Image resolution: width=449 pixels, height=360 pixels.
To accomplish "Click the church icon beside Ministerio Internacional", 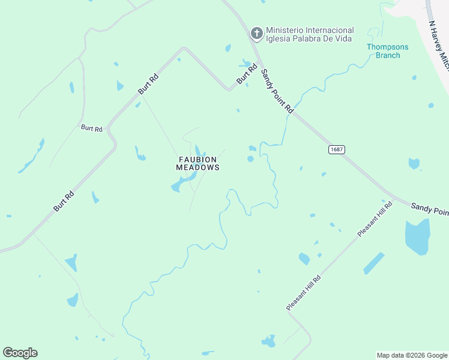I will [x=256, y=33].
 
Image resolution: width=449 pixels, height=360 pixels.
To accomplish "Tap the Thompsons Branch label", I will [x=387, y=51].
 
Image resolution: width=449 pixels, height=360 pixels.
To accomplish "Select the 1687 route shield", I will [x=337, y=149].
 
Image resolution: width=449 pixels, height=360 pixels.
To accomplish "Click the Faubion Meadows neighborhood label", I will [x=197, y=163].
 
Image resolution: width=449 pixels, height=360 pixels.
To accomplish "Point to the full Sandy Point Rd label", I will [x=277, y=91].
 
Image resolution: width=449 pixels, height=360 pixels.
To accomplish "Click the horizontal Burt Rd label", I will [x=92, y=128].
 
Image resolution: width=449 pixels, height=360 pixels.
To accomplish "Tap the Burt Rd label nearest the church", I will [x=246, y=74].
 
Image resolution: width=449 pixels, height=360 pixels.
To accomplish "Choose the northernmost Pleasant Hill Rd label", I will [x=375, y=219].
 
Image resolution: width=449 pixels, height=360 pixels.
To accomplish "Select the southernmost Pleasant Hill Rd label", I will [x=304, y=293].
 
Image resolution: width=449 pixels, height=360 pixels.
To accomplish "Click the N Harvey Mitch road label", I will [x=439, y=46].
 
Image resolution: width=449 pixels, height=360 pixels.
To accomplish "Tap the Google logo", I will [x=20, y=353].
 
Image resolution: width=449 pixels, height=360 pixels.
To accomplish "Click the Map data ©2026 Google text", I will [x=412, y=355].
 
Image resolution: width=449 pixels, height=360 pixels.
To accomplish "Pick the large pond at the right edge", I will [x=418, y=236].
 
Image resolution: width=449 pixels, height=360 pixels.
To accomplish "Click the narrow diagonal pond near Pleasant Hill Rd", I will [x=373, y=263].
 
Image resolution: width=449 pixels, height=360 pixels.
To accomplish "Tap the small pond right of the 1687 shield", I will [x=414, y=163].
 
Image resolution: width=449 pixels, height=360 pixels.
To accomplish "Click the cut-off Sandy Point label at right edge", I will [x=430, y=208].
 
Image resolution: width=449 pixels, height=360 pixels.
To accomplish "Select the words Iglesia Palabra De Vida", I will [x=309, y=39].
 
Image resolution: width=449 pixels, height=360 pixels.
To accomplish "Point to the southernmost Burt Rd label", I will [x=64, y=201].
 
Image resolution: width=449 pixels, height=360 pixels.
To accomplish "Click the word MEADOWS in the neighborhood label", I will [x=197, y=168].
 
